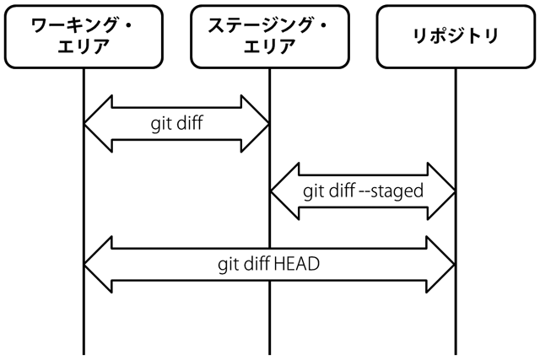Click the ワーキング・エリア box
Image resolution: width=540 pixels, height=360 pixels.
tap(84, 36)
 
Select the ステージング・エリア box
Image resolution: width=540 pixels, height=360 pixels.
tap(270, 36)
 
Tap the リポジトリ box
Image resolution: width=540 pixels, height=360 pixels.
tap(456, 36)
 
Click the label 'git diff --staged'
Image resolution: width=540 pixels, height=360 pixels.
tap(363, 191)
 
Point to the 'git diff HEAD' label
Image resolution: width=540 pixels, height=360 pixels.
tap(268, 265)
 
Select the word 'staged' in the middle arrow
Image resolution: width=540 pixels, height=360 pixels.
tap(397, 191)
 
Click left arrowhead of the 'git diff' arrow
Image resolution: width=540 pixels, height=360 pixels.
tap(98, 124)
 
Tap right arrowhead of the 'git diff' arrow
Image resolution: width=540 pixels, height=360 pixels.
tap(255, 124)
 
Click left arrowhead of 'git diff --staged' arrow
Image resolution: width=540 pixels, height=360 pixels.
tap(285, 191)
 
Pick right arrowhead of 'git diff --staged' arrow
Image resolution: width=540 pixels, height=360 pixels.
tap(441, 191)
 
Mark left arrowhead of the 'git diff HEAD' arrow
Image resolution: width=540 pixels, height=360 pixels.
tap(98, 265)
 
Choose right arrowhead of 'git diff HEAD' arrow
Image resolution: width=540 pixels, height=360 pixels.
tap(440, 265)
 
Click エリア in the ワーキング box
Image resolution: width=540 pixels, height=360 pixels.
tap(84, 46)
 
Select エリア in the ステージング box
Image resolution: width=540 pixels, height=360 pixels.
tap(270, 46)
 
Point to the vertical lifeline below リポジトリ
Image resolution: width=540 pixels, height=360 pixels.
tap(456, 212)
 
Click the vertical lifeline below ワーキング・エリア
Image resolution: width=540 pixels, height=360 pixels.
tap(84, 212)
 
